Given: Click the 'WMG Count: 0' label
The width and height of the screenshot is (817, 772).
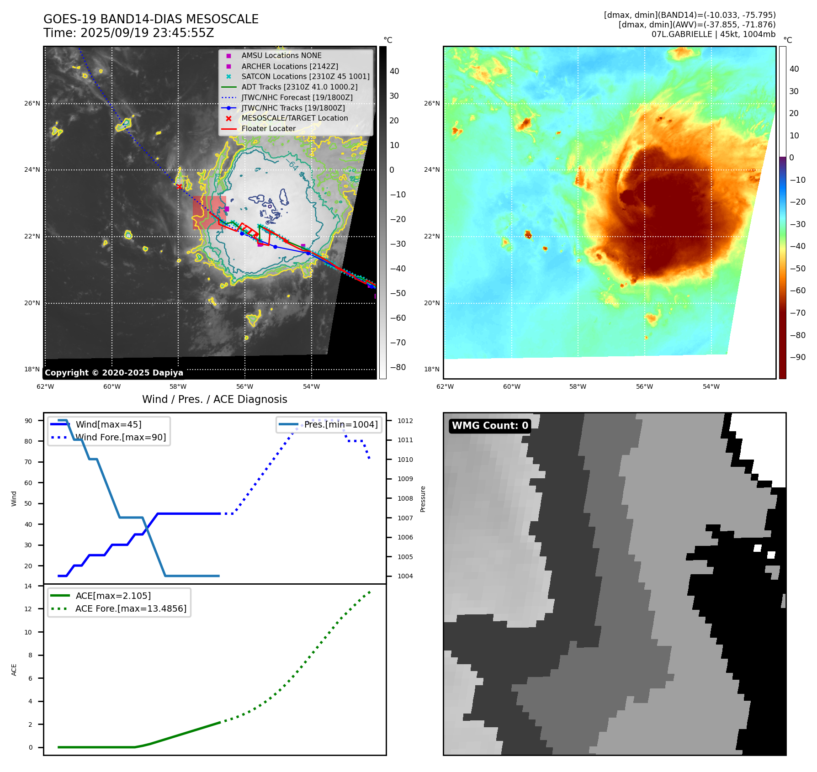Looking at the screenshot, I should coord(490,426).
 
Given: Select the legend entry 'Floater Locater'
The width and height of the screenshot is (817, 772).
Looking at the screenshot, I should coord(268,129).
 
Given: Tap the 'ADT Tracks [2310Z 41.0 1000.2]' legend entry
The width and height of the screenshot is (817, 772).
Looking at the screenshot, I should coord(299,87).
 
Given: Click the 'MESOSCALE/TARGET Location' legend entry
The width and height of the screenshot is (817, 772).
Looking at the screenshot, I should coord(294,118).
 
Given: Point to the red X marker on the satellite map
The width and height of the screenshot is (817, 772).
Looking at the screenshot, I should coord(179,186).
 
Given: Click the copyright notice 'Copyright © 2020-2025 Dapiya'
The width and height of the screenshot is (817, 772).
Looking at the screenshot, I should coord(114,373).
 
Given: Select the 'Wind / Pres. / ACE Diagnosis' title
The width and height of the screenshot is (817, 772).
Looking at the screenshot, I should coord(214,399).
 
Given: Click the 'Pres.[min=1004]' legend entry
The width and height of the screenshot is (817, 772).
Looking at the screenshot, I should coord(341,424).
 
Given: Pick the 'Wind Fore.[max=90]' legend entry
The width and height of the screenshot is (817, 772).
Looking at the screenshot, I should coord(121,438).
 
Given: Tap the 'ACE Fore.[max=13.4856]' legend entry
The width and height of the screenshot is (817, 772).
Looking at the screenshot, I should coord(131,609).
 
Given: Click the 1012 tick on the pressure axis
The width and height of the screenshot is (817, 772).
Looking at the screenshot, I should coord(405,421).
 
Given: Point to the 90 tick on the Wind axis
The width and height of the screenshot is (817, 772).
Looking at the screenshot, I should coord(28,421).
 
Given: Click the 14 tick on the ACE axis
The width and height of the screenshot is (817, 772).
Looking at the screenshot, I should coord(28,586).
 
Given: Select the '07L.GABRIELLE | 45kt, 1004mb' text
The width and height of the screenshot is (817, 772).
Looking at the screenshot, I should coord(713,34).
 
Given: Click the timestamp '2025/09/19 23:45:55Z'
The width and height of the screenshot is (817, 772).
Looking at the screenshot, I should coord(147,33).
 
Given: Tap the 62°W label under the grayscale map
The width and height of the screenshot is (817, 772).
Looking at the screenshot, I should coord(45,387).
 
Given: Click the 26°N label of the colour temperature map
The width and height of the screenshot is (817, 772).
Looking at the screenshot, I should coord(432,104).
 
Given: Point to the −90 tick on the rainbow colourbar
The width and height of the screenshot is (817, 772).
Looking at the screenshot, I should coord(797,357).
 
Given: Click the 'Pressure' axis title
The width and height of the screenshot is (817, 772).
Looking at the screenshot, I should coord(423,499).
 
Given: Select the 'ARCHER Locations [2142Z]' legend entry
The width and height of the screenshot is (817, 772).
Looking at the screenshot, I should coord(290,66).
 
